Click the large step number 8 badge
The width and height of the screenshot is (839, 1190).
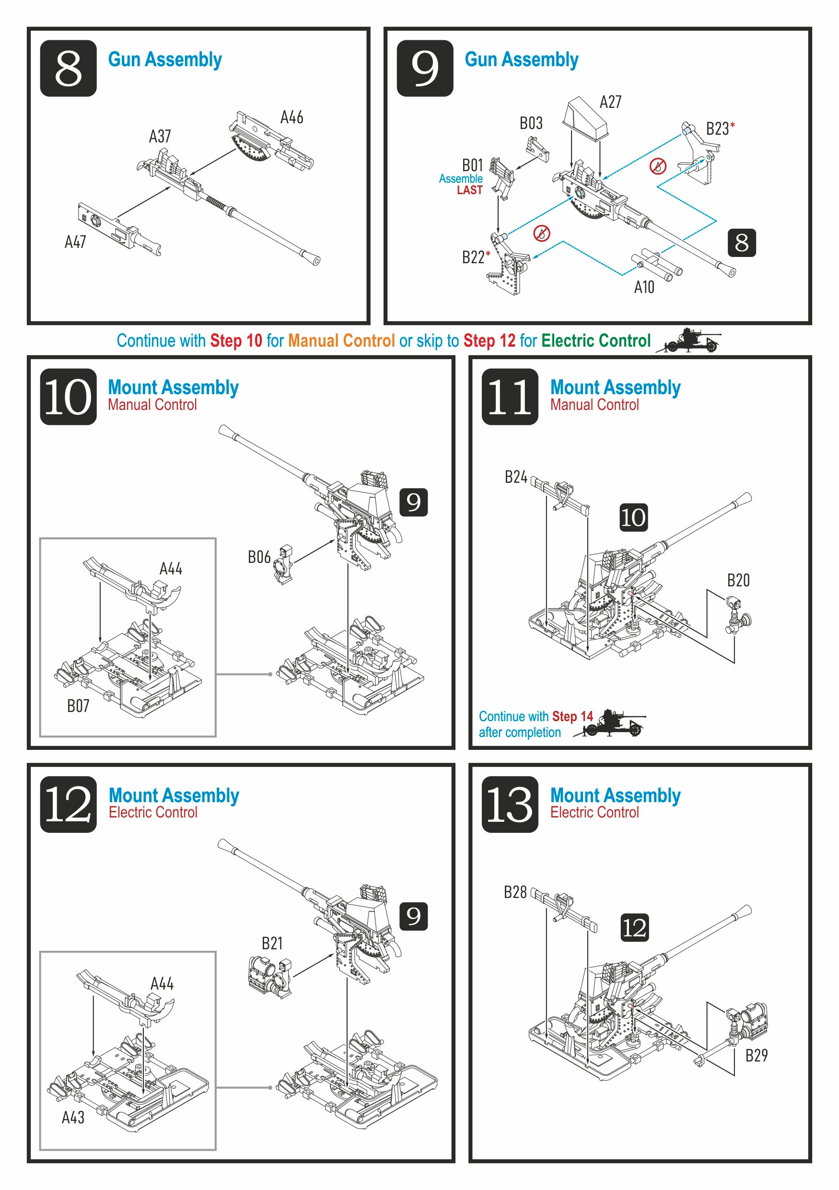pos(68,69)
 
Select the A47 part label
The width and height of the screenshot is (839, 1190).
pos(75,242)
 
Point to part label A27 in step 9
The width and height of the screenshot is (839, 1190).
pos(610,102)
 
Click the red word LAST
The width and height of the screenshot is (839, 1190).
pos(469,190)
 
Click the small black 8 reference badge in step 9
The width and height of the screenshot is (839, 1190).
pos(741,243)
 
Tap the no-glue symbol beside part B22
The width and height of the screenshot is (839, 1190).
pos(542,233)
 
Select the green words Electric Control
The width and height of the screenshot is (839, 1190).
pos(595,340)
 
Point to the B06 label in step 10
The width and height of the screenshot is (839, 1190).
pos(258,557)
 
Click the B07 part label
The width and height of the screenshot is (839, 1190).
pos(78,706)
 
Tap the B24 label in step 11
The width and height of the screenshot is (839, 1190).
pos(516,477)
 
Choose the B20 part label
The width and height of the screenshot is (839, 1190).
pos(738,581)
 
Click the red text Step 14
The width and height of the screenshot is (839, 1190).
pos(572,716)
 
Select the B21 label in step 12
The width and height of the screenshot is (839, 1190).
pos(271,943)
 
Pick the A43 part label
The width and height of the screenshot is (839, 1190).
pos(72,1118)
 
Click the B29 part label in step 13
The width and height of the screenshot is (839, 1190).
pos(756,1056)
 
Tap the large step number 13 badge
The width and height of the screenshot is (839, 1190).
pos(510,805)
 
